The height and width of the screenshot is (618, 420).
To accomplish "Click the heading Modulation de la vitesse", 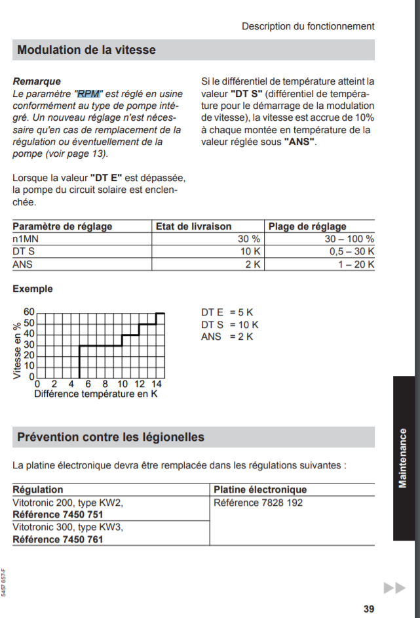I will pyautogui.click(x=86, y=50).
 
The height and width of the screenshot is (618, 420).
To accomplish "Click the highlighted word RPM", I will pyautogui.click(x=88, y=94).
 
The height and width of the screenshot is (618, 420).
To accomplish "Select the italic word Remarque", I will pyautogui.click(x=37, y=82).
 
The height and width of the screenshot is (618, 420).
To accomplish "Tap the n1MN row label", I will pyautogui.click(x=27, y=239).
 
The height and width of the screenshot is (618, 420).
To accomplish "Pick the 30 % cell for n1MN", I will pyautogui.click(x=249, y=239).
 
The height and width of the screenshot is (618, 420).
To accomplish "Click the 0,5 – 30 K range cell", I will pyautogui.click(x=351, y=251).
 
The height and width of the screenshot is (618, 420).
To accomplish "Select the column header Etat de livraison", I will pyautogui.click(x=193, y=226).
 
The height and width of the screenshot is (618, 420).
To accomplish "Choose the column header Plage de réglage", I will pyautogui.click(x=307, y=226).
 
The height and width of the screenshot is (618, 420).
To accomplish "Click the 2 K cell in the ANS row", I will pyautogui.click(x=253, y=264).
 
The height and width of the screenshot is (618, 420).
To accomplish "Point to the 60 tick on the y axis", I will pyautogui.click(x=29, y=312).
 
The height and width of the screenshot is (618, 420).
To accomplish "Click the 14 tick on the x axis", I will pyautogui.click(x=157, y=384).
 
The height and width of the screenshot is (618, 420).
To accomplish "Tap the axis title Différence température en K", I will pyautogui.click(x=96, y=394).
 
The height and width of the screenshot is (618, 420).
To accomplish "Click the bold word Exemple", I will pyautogui.click(x=33, y=289).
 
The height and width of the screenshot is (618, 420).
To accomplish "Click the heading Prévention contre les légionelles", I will pyautogui.click(x=111, y=437).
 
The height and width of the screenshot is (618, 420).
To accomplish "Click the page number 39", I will pyautogui.click(x=369, y=609).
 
